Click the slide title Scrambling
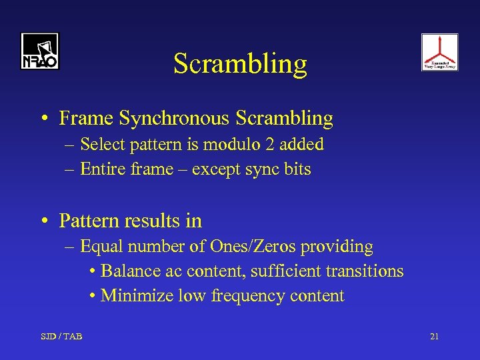[240, 64]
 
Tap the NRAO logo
[40, 51]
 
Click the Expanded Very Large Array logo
[439, 52]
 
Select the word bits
[298, 169]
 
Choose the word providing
[337, 247]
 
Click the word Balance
[131, 271]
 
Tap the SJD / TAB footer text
[61, 336]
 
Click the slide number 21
[434, 336]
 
